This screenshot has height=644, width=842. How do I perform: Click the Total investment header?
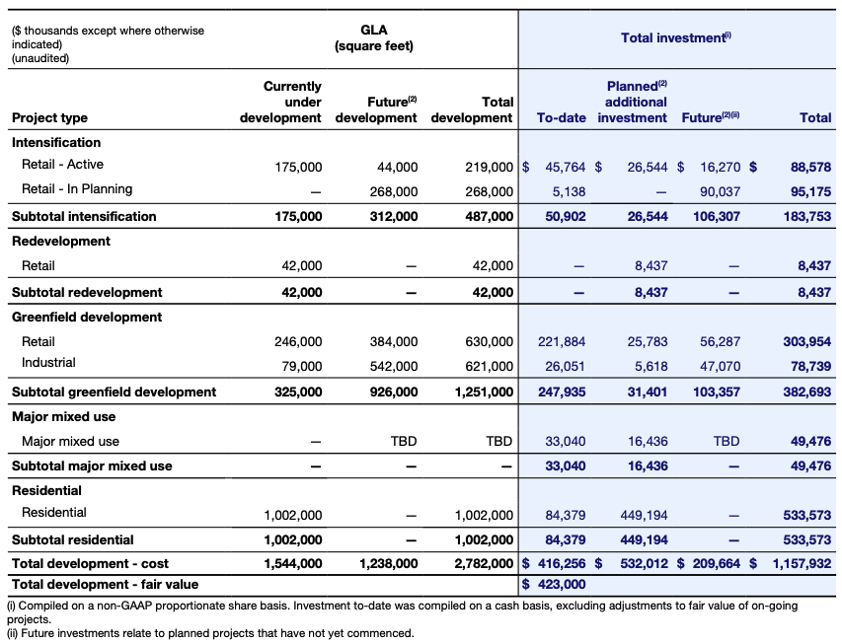[x=675, y=37]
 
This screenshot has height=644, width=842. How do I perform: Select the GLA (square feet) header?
[x=373, y=38]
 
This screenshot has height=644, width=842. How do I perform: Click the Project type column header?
[x=49, y=118]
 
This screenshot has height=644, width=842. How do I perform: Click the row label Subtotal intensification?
[x=84, y=217]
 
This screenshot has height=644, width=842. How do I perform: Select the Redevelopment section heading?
[x=61, y=242]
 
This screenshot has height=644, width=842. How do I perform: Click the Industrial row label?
[x=48, y=364]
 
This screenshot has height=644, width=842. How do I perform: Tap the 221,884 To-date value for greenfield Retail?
[x=562, y=342]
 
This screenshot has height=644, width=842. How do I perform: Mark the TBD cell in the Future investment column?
[x=726, y=442]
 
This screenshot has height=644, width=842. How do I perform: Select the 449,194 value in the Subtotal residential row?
[x=648, y=540]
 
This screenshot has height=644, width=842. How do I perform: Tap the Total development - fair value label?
[x=105, y=585]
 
